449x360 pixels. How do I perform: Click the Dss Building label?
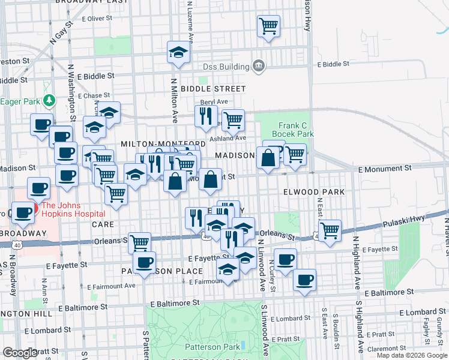(x=226, y=67)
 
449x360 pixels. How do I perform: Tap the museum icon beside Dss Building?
(x=259, y=65)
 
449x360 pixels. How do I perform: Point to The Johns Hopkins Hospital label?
(x=73, y=208)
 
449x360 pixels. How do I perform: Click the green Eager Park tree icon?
(x=51, y=101)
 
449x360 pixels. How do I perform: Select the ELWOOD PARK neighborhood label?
(x=314, y=192)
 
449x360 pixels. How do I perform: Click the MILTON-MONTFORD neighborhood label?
(x=163, y=144)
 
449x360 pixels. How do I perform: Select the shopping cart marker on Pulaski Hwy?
(x=330, y=230)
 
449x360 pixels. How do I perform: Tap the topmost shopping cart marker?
(x=268, y=26)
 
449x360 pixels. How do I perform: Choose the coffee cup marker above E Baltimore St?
(x=304, y=280)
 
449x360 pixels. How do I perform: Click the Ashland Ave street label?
(x=232, y=137)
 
